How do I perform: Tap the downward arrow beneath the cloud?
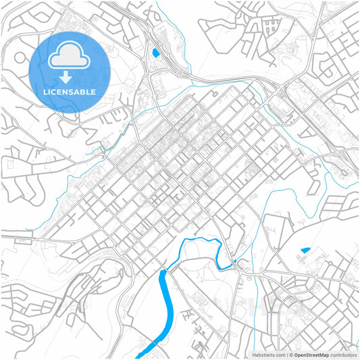click(70, 78)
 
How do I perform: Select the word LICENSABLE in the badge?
click(70, 92)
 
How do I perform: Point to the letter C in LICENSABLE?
click(54, 92)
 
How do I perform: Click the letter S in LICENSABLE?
click(74, 92)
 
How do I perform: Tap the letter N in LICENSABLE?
click(68, 92)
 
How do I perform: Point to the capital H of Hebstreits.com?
click(254, 355)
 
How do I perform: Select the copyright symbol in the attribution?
click(291, 355)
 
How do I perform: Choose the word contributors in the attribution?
click(343, 355)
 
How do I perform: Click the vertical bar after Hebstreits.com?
click(286, 355)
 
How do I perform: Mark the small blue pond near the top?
click(155, 52)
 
